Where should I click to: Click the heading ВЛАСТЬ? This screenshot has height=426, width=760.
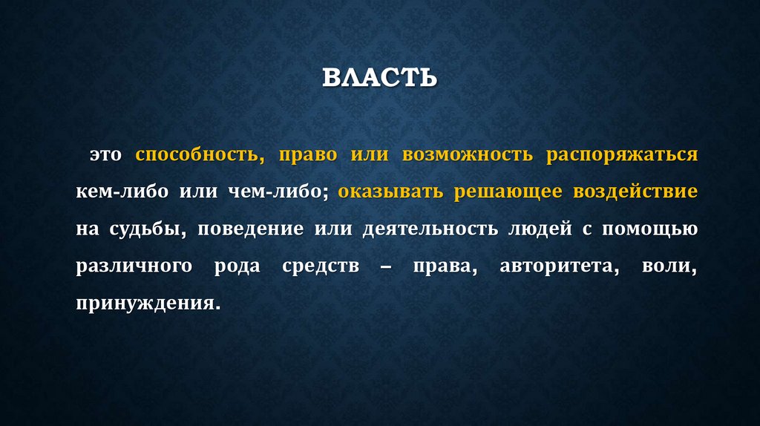point(379,78)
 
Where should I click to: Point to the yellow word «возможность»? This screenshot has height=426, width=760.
point(468,156)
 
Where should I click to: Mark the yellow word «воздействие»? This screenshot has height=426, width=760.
point(635,192)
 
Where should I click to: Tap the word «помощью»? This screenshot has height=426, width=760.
point(649,229)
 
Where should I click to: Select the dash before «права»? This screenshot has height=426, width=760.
point(384,266)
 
